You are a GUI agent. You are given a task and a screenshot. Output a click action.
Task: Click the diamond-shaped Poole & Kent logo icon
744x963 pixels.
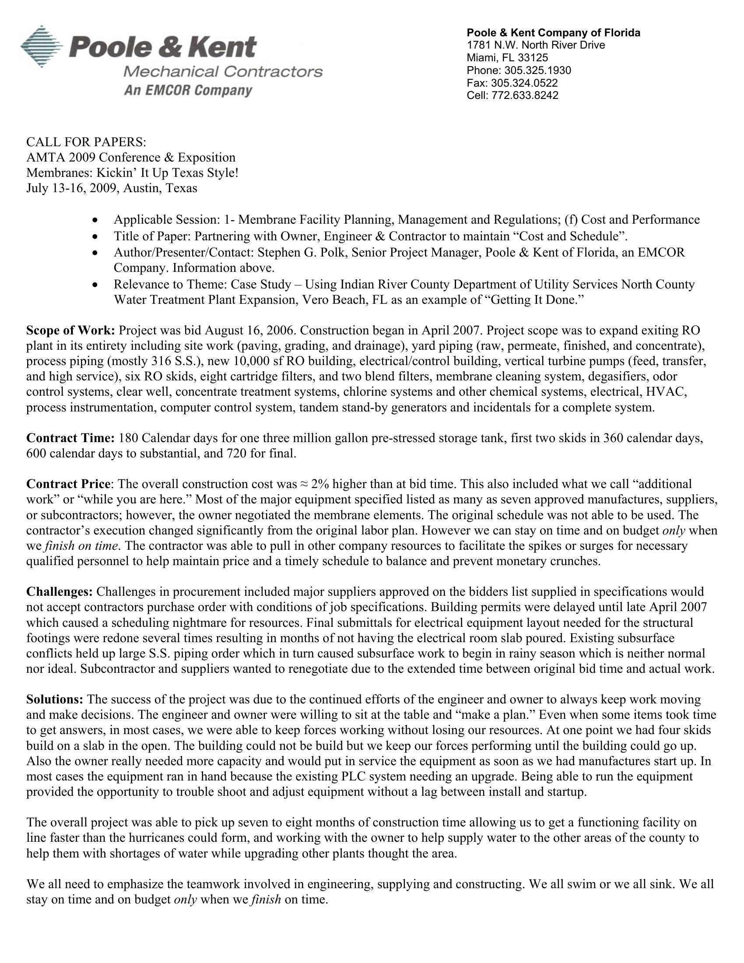[x=42, y=46]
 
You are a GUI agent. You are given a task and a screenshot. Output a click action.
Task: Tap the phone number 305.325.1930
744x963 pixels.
[x=538, y=70]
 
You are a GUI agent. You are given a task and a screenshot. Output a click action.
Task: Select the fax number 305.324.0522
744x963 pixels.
[x=524, y=83]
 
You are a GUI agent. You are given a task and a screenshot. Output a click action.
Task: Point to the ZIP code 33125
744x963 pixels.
[x=533, y=58]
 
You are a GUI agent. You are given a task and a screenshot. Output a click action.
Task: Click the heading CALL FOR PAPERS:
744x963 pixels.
[x=86, y=142]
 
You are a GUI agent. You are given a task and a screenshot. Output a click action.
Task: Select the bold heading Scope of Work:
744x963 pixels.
[x=70, y=330]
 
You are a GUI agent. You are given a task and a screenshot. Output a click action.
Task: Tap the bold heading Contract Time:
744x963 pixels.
[x=70, y=438]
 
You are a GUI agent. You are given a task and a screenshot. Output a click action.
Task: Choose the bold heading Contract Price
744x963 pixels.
[x=68, y=484]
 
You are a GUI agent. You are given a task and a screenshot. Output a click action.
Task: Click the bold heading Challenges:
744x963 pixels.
[x=60, y=591]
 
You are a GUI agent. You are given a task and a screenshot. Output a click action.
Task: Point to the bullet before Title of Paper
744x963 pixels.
[x=95, y=237]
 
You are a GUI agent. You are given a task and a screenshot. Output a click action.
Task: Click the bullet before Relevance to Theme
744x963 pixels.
[x=95, y=285]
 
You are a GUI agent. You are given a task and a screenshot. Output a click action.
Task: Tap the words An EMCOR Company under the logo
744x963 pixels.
[x=188, y=91]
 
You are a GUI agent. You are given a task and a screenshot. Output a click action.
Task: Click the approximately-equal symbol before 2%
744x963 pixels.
[x=304, y=484]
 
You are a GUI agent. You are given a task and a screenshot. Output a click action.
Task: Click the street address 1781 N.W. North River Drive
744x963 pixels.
[x=536, y=45]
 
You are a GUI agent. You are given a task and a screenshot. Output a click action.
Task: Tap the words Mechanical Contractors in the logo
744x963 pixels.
[x=223, y=71]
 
